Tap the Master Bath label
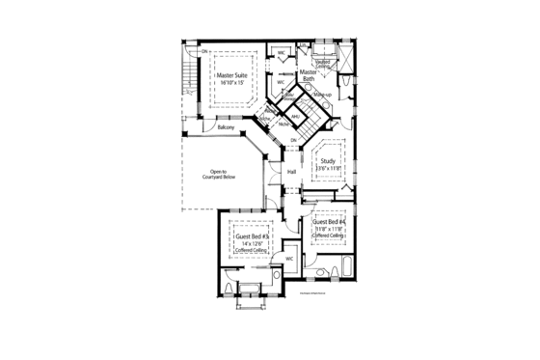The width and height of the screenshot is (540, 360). (x=309, y=76)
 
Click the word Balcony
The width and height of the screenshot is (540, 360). (x=227, y=127)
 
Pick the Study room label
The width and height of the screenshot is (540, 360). (x=328, y=161)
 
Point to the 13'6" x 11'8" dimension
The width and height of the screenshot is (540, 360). (x=328, y=169)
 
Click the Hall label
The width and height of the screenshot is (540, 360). (x=291, y=171)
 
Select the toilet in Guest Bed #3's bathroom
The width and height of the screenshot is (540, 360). (x=226, y=287)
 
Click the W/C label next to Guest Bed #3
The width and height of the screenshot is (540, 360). (x=288, y=260)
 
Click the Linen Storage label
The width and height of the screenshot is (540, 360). (x=290, y=97)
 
